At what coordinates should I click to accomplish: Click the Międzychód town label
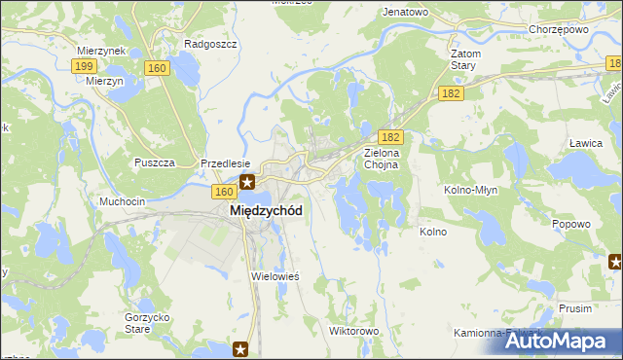(x=265, y=210)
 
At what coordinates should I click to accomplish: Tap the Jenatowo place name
(x=406, y=12)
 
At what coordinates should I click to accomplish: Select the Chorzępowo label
(x=555, y=28)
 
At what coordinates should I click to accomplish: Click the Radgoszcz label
(x=205, y=45)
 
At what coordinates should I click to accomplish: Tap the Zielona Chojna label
(x=388, y=159)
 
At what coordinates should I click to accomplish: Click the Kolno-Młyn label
(x=472, y=190)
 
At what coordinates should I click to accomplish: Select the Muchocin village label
(x=123, y=201)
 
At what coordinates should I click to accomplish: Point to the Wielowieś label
(x=275, y=276)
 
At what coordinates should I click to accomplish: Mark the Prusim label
(x=575, y=307)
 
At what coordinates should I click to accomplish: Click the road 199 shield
(x=84, y=65)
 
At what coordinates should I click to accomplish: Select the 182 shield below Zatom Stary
(x=450, y=92)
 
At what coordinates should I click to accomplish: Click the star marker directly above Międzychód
(x=247, y=181)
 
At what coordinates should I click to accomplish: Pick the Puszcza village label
(x=155, y=162)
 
